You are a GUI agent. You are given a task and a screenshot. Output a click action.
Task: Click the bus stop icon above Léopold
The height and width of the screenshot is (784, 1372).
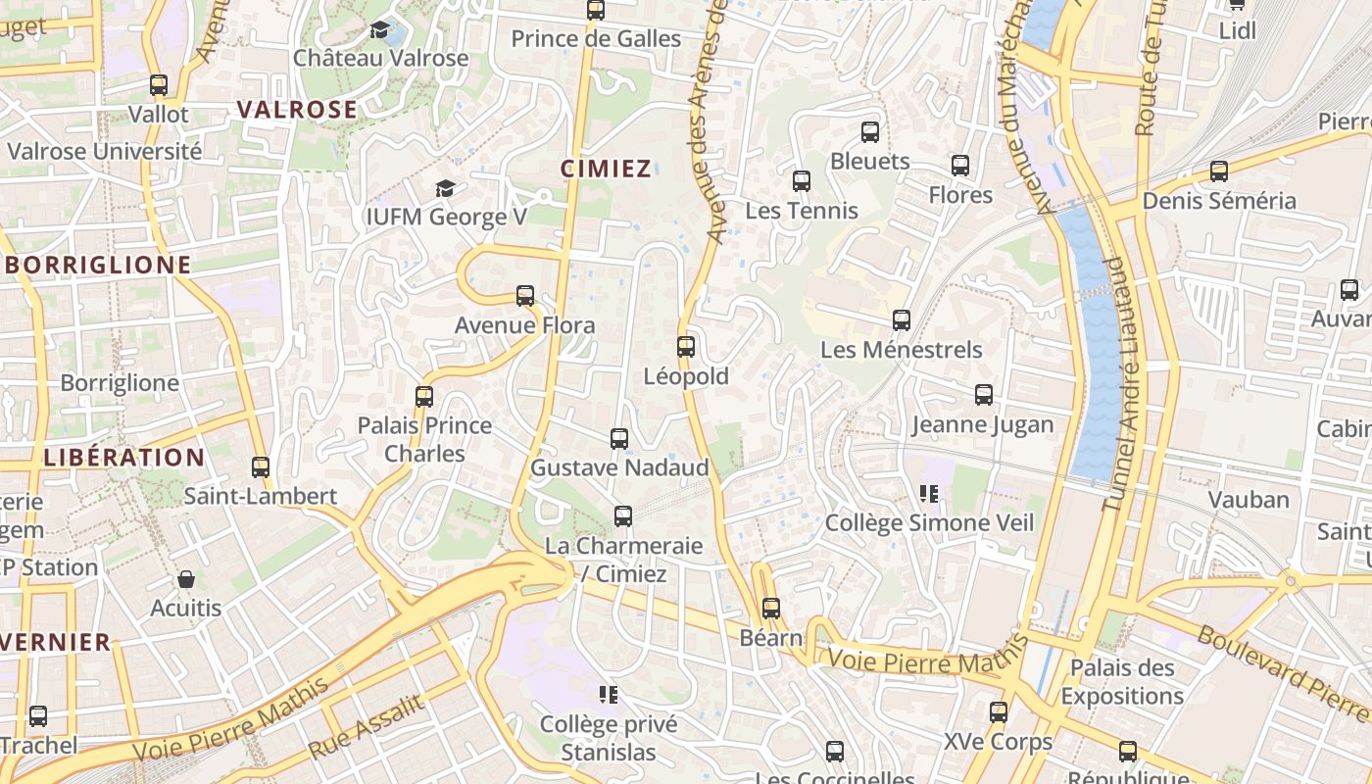686,346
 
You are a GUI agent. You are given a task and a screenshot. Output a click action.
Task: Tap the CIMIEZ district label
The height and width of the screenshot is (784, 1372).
606,169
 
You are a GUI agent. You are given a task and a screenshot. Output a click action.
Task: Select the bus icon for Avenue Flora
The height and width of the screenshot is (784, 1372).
525,295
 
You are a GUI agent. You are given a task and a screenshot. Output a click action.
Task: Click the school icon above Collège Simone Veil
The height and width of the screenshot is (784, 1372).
929,493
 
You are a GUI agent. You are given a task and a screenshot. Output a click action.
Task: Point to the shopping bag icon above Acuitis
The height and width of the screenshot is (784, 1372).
186,579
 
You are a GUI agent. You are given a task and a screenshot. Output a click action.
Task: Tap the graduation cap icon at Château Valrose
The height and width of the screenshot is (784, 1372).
380,29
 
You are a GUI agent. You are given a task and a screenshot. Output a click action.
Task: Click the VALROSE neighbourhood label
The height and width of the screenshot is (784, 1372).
298,110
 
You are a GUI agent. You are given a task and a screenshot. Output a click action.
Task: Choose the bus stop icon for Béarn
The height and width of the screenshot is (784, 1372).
771,608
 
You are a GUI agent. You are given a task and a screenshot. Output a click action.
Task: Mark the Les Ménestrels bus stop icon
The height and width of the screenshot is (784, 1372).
902,319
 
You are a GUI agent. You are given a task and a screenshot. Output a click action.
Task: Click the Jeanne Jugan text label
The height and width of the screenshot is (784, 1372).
983,424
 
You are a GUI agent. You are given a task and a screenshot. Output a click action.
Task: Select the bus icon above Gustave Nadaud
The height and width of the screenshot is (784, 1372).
619,438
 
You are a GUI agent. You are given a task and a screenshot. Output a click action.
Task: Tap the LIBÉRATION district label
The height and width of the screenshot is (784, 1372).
124,457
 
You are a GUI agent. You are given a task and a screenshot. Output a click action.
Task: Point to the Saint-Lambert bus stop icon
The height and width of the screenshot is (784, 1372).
261,466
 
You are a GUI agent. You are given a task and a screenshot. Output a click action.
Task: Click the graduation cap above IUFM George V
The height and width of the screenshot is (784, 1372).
446,187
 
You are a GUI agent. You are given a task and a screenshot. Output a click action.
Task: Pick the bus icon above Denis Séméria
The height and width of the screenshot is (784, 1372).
1219,171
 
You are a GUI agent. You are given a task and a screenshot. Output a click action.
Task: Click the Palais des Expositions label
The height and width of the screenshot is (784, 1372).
1122,682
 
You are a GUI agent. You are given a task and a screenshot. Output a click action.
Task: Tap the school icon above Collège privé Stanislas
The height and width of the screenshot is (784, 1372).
609,695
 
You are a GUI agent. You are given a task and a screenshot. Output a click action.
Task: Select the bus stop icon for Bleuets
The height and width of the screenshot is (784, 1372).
870,131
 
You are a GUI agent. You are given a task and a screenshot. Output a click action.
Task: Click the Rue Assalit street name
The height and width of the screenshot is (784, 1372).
367,727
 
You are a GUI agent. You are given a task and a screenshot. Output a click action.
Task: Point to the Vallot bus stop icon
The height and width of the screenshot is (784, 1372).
159,85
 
